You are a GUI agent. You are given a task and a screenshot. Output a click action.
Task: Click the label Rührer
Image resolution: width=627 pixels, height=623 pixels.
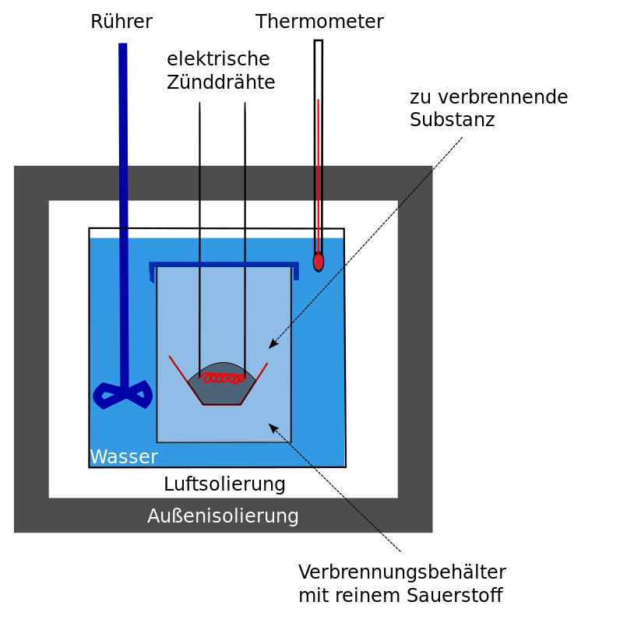tap(121, 22)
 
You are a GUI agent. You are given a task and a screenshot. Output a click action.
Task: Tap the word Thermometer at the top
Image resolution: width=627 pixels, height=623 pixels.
tap(319, 22)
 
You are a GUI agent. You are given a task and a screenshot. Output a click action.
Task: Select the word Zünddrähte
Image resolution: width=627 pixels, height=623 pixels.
tap(220, 82)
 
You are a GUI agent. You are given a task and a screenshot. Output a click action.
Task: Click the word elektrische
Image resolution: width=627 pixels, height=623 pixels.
tap(218, 59)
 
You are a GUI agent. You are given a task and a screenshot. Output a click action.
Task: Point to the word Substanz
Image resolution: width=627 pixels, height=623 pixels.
tap(452, 120)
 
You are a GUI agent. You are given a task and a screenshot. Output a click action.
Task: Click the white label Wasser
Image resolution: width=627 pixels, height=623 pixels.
tap(124, 456)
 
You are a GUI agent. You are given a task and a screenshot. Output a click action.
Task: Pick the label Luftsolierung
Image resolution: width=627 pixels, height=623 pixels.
tap(224, 484)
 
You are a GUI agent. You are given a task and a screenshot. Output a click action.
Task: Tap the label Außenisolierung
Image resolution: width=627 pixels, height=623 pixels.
tap(223, 516)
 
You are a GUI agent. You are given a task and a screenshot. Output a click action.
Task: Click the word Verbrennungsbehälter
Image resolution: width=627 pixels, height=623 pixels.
tap(402, 572)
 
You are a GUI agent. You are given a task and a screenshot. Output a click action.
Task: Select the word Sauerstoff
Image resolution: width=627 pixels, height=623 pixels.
tap(454, 596)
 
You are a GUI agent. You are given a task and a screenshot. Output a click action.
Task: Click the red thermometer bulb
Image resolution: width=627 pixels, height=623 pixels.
tap(319, 262)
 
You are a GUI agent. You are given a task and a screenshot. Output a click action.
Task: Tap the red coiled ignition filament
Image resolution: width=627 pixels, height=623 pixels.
tap(223, 378)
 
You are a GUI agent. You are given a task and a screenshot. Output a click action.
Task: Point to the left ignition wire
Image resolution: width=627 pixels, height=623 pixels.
tap(199, 234)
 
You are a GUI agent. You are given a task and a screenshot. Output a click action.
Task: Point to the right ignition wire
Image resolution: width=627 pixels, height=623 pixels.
tap(245, 234)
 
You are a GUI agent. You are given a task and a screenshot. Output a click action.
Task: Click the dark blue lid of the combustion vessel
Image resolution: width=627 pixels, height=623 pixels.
tap(224, 265)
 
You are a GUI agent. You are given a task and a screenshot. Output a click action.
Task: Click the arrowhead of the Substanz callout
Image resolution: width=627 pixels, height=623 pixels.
tap(272, 346)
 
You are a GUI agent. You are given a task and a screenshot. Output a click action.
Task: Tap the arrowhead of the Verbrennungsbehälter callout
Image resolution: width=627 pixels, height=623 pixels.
tap(272, 426)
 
